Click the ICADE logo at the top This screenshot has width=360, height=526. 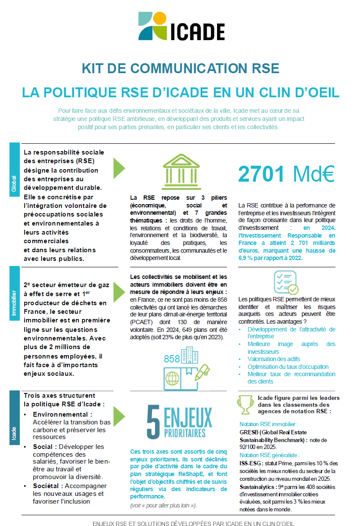coord(181,27)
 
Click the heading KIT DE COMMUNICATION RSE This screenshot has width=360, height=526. coord(180,68)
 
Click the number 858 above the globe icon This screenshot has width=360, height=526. coord(171,359)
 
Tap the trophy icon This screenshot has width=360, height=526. coord(245,404)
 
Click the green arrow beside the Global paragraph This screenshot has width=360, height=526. coord(119,168)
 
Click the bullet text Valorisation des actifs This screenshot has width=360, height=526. coord(274,359)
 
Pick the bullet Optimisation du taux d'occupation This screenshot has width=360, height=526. coord(288,367)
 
